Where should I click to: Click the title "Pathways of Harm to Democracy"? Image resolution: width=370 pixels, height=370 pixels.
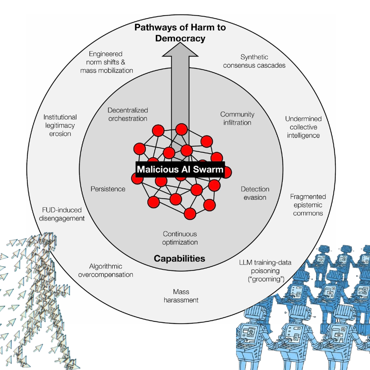[x=180, y=33]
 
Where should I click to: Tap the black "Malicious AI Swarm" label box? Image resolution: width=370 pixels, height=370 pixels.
[x=180, y=169]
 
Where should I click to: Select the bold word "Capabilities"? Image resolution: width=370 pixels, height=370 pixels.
[x=179, y=258]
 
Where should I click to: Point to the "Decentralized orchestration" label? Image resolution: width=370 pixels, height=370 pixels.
[x=128, y=114]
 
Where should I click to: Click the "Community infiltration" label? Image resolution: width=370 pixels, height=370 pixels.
[x=237, y=118]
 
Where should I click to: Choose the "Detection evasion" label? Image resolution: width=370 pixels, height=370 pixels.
[x=255, y=193]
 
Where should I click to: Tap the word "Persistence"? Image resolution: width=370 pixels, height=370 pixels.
[x=108, y=189]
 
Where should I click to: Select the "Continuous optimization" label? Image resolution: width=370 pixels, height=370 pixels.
[x=180, y=238]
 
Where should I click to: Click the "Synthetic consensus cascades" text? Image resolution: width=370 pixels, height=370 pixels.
[x=254, y=61]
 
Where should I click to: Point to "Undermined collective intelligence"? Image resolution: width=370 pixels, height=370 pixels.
[x=303, y=127]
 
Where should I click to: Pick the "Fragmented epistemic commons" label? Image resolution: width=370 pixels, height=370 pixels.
[x=308, y=205]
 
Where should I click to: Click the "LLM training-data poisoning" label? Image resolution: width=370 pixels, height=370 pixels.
[x=265, y=270]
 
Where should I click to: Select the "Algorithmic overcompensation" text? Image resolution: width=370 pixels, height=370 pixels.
[x=111, y=270]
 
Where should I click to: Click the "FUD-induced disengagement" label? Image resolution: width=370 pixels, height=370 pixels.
[x=62, y=214]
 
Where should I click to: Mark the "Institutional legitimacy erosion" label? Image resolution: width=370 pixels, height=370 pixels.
[x=60, y=125]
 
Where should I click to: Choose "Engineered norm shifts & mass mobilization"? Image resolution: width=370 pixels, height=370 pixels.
[x=107, y=62]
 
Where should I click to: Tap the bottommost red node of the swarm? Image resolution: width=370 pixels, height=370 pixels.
[x=190, y=213]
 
